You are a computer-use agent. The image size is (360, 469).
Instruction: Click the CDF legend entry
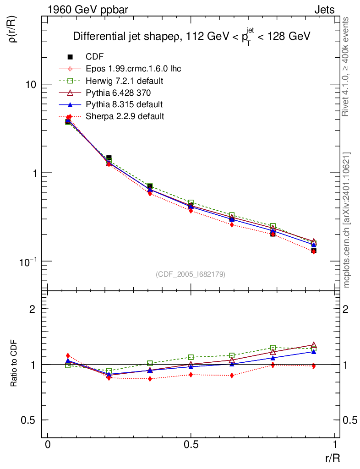pyautogui.click(x=95, y=57)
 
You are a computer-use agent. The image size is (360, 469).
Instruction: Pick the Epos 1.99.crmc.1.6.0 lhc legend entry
pyautogui.click(x=133, y=69)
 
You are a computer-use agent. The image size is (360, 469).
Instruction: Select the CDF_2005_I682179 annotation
pyautogui.click(x=191, y=274)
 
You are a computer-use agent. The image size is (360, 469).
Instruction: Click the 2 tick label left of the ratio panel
pyautogui.click(x=33, y=309)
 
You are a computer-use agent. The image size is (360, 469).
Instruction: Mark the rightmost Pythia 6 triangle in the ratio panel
pyautogui.click(x=314, y=345)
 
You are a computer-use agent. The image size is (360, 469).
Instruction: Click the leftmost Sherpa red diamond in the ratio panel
pyautogui.click(x=68, y=355)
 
